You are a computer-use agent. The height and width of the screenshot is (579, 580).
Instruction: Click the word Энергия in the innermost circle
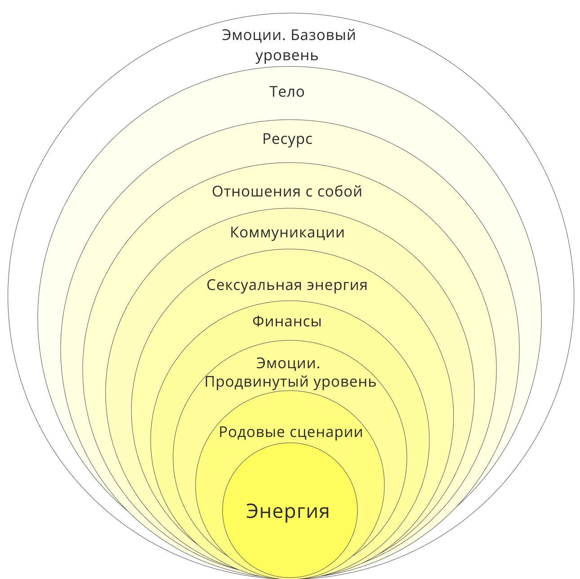(288, 512)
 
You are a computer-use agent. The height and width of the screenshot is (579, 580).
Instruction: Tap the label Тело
(287, 92)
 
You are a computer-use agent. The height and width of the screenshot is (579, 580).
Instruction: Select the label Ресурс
(287, 139)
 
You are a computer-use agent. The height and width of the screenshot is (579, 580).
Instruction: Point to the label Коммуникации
(287, 233)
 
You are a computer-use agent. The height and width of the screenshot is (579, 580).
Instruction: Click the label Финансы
(287, 322)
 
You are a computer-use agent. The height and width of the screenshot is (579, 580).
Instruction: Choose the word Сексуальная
(254, 285)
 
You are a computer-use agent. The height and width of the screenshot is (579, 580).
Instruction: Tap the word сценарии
(326, 432)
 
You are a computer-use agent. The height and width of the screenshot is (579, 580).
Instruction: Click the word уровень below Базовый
(287, 56)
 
